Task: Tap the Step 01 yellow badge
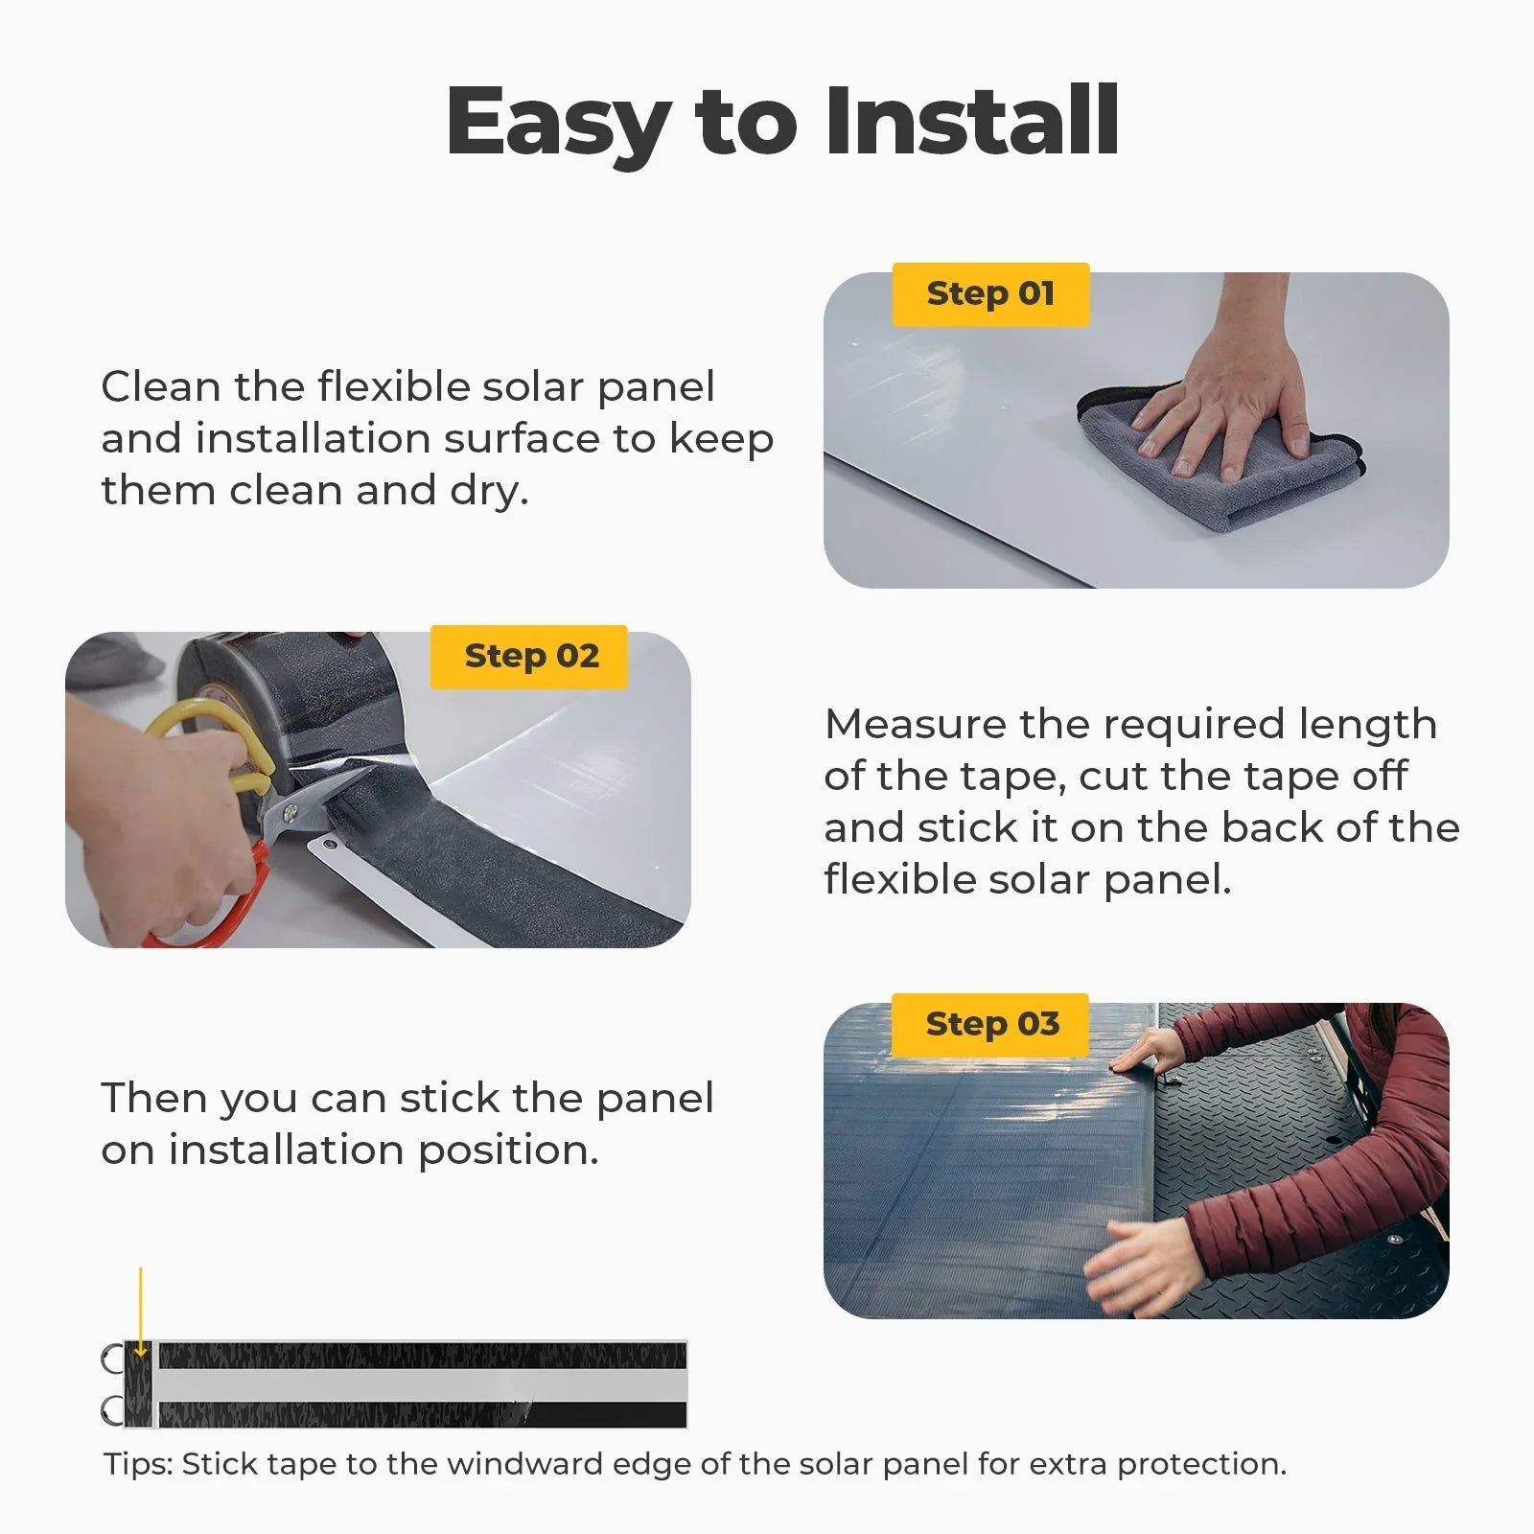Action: coord(990,294)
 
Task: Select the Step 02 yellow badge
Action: coord(529,657)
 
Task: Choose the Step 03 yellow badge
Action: coord(991,1025)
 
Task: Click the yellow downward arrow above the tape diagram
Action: coord(140,1313)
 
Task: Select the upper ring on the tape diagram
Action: coord(112,1359)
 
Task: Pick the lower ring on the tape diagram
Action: coord(112,1410)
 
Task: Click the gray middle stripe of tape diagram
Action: coord(422,1383)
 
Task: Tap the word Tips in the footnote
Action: coord(135,1464)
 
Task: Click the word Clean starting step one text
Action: coord(160,387)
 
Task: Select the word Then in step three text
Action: coord(154,1099)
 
